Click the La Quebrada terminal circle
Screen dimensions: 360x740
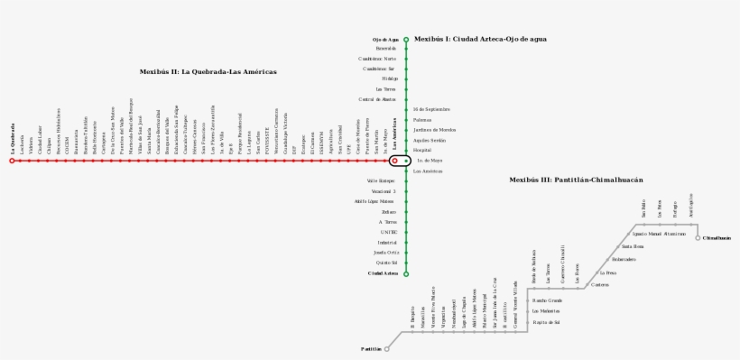12,161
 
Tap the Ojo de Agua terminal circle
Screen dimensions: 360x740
406,40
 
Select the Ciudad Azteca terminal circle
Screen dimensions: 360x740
406,273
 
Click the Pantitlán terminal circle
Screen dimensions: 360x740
387,348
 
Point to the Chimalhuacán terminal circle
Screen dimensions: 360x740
698,238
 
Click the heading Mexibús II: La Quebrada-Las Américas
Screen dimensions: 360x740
208,71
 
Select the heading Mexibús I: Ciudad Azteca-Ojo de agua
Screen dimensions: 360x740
480,39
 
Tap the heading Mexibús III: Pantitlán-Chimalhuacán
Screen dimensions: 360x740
576,180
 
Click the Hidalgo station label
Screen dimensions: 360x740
389,78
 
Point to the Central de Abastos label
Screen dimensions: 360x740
377,99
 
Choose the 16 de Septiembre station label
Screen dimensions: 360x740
431,109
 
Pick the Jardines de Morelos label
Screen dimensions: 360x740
434,130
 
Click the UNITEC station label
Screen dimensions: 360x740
388,232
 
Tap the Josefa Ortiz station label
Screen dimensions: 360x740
385,253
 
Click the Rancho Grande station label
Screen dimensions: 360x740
547,300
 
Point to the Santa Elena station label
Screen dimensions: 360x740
632,246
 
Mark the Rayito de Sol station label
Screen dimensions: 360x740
546,321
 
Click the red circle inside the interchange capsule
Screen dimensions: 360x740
394,161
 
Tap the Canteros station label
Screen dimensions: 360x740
600,284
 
